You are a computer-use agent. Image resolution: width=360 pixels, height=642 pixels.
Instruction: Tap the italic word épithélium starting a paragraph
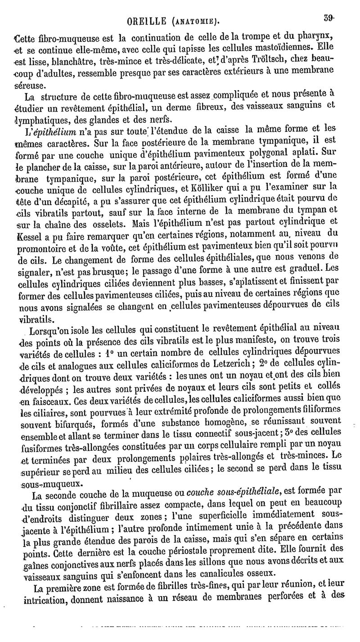coord(48,131)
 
